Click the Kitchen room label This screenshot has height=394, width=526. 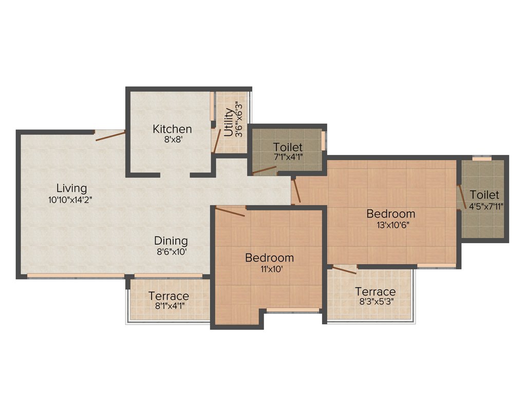(172, 129)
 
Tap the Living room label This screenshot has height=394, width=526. (72, 188)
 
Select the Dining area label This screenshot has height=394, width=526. (171, 240)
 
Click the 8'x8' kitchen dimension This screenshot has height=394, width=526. (172, 140)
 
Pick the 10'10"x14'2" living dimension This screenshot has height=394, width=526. (72, 200)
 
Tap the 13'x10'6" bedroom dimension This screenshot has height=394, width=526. (390, 224)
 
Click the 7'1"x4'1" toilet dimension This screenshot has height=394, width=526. (288, 157)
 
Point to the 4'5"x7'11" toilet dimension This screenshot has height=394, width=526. (484, 206)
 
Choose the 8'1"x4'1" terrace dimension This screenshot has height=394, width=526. (168, 307)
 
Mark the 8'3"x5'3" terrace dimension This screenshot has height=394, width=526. (375, 302)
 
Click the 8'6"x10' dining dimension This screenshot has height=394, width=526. (171, 251)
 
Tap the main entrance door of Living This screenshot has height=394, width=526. (110, 135)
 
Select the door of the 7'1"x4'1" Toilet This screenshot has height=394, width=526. (265, 170)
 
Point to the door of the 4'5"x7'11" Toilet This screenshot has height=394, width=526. (462, 195)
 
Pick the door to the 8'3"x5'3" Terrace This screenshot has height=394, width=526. (344, 270)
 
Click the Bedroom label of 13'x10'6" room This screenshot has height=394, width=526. (390, 213)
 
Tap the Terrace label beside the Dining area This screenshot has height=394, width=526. (168, 296)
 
